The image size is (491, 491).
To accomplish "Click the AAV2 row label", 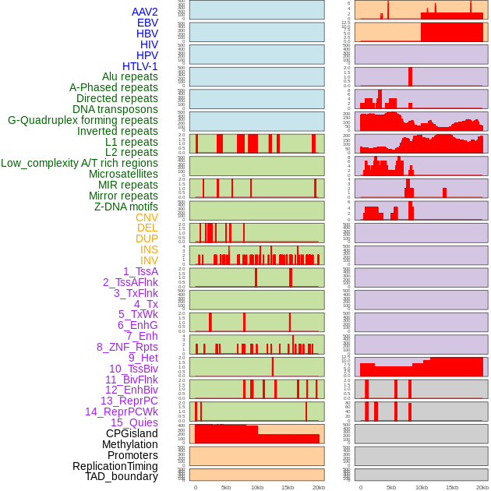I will (x=145, y=12).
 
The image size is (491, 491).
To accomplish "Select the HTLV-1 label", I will (x=140, y=66).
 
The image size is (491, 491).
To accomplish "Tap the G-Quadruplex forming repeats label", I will (x=83, y=120).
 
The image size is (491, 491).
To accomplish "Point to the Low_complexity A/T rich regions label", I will (x=79, y=163).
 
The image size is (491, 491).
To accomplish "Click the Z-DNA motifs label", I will (x=126, y=207).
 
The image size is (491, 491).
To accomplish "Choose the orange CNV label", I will (x=147, y=217).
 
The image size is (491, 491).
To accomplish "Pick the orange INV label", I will (x=149, y=260).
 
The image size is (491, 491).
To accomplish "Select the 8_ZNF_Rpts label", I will (x=127, y=347).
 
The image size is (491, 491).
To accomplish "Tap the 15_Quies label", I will (x=134, y=422).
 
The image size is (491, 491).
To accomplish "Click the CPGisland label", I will (x=132, y=433).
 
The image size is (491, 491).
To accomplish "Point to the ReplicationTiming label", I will (x=115, y=466).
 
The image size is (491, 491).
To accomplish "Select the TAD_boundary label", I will (x=122, y=476).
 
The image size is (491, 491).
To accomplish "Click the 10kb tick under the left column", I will (x=256, y=488).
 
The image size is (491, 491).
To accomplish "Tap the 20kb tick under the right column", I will (x=483, y=488).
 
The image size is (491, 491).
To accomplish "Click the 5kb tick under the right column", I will (x=391, y=488).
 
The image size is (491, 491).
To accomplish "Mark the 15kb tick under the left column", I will (x=287, y=488).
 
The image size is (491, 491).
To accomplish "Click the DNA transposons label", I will (x=115, y=109).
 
